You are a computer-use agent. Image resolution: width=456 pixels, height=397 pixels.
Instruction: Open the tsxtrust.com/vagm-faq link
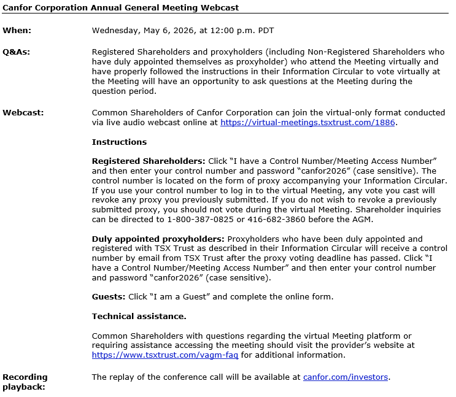[164, 355]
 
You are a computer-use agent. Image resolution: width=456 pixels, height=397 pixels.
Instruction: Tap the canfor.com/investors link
[345, 377]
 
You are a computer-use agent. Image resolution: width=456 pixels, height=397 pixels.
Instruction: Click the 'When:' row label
[17, 30]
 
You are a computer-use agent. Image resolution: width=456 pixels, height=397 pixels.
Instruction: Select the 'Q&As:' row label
[16, 52]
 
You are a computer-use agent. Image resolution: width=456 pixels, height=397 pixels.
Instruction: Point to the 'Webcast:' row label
[23, 112]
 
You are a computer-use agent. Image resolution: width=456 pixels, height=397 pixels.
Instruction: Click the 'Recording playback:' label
[25, 382]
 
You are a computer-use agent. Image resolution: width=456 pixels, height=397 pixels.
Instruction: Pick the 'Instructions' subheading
[119, 142]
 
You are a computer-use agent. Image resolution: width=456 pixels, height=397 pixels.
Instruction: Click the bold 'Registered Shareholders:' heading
[149, 161]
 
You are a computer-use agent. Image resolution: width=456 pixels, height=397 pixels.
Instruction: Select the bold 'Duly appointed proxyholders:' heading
[158, 239]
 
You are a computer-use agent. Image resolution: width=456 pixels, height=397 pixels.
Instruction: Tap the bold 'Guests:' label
[109, 297]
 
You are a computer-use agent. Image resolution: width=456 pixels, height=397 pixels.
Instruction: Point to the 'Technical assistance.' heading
[139, 316]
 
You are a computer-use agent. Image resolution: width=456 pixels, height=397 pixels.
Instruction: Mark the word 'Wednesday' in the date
[115, 30]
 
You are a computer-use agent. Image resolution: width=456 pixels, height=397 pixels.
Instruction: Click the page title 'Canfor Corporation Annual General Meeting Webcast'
[121, 7]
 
